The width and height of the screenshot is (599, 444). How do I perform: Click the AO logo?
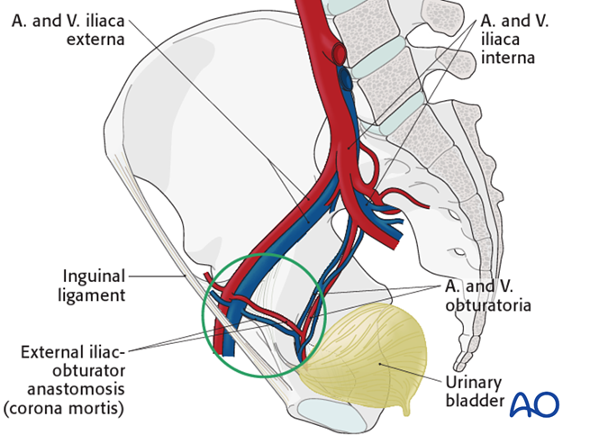(x=534, y=404)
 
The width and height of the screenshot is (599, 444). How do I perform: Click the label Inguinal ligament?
(x=95, y=284)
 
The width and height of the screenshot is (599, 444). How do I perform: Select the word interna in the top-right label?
(x=508, y=58)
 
